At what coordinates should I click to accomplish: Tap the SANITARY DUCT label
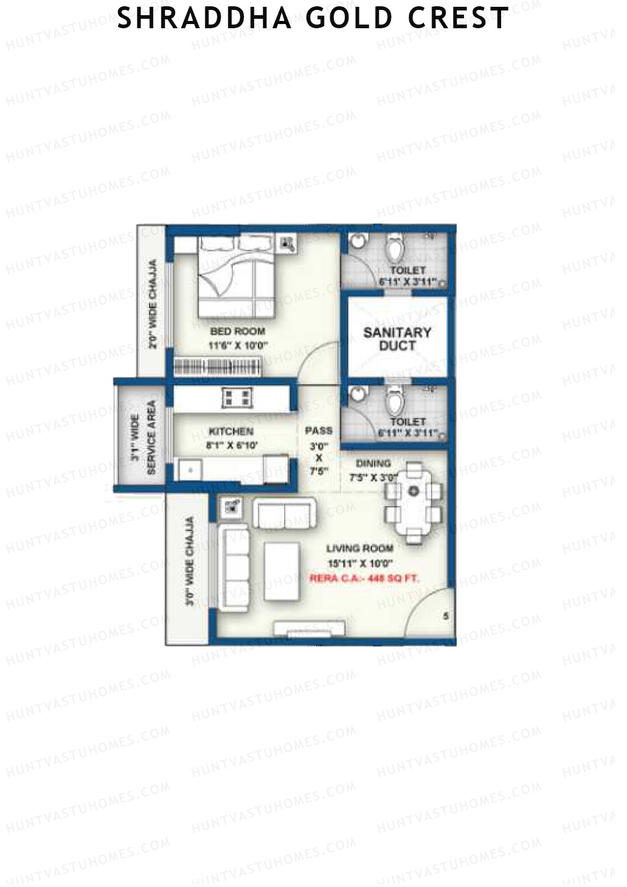pos(397,339)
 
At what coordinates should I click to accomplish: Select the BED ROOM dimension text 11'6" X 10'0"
pos(238,345)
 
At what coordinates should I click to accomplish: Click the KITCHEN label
pos(231,431)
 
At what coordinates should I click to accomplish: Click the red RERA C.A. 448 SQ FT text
pos(365,579)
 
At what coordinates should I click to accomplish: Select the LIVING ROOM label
pos(359,548)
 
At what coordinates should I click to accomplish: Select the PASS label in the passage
pos(319,431)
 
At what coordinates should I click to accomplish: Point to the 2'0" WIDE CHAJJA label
pos(153,305)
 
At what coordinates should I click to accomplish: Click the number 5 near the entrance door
pos(446,616)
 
